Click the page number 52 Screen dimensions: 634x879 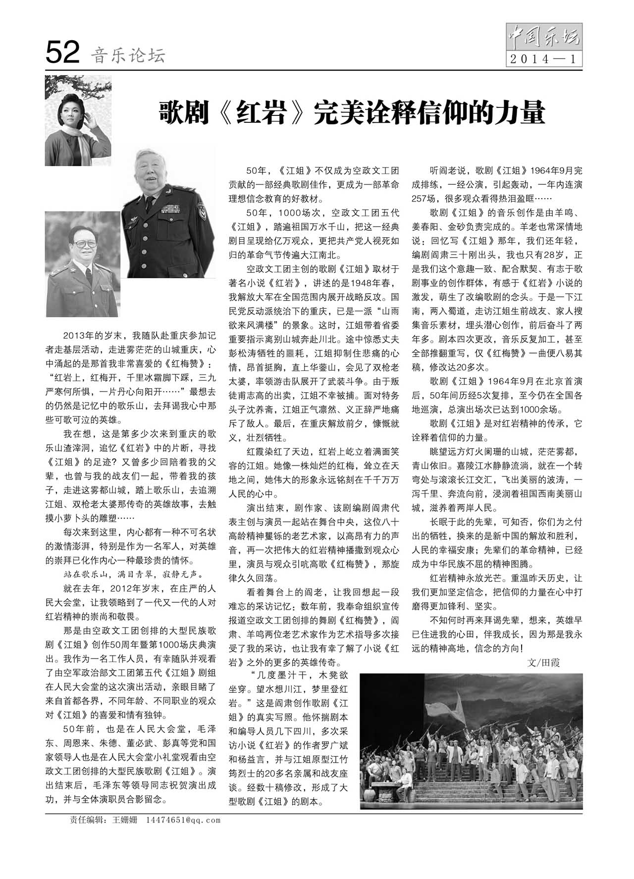[x=62, y=52]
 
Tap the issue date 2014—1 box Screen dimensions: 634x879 [x=544, y=59]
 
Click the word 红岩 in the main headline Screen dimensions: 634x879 [x=263, y=113]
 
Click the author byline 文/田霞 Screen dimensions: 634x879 [x=543, y=663]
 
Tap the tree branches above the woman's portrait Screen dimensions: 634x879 [x=79, y=87]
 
